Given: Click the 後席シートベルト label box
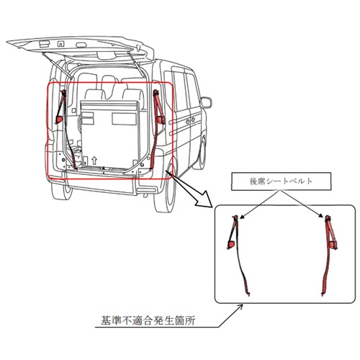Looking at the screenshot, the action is pyautogui.click(x=281, y=181).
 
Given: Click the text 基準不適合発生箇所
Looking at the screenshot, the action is pyautogui.click(x=148, y=320).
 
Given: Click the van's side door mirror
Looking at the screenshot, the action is pyautogui.click(x=206, y=102).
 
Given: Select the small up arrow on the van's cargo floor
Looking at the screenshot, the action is pyautogui.click(x=94, y=160).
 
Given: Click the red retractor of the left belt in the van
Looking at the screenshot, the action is pyautogui.click(x=59, y=120).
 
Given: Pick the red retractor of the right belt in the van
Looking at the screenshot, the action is pyautogui.click(x=161, y=120).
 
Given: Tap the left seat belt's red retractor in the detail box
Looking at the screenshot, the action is pyautogui.click(x=231, y=245).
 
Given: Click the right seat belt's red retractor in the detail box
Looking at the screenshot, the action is pyautogui.click(x=333, y=245).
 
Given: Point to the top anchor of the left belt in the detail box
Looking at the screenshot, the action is pyautogui.click(x=235, y=217).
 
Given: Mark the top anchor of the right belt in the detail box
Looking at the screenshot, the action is pyautogui.click(x=328, y=218).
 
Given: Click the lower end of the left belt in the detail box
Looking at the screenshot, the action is pyautogui.click(x=248, y=293).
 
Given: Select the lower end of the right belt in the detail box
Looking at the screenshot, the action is pyautogui.click(x=323, y=293).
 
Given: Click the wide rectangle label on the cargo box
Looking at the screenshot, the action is pyautogui.click(x=124, y=119).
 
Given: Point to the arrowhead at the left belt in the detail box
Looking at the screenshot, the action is pyautogui.click(x=242, y=217).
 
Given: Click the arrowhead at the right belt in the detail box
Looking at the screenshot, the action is pyautogui.click(x=322, y=216).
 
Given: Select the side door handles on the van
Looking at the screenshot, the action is pyautogui.click(x=190, y=120).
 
